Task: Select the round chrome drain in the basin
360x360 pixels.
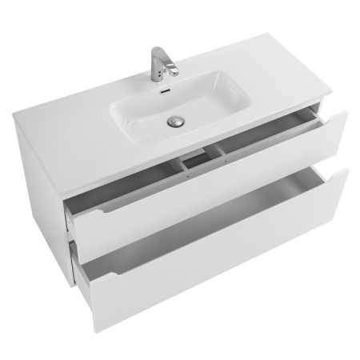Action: (x=175, y=122)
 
